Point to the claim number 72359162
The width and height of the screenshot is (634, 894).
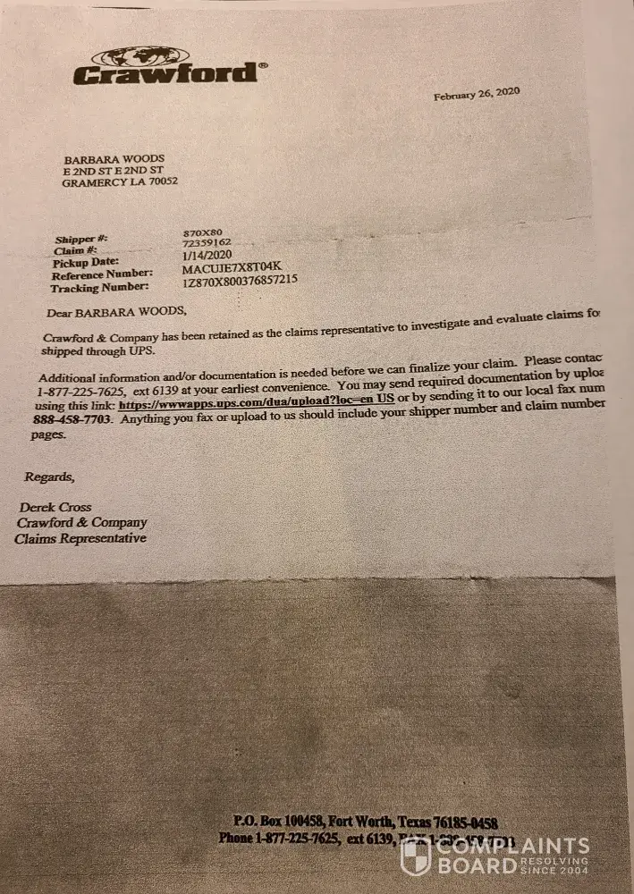click(207, 242)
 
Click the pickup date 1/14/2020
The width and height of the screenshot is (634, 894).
click(206, 254)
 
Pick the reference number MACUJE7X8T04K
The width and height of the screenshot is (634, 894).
click(231, 267)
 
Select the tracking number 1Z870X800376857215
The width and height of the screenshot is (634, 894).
click(240, 280)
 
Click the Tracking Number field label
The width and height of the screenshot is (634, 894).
click(100, 288)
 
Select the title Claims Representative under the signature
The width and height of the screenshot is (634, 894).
click(80, 538)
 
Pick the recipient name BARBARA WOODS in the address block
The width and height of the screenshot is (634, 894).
click(114, 159)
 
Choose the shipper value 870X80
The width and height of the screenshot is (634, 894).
click(202, 232)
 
